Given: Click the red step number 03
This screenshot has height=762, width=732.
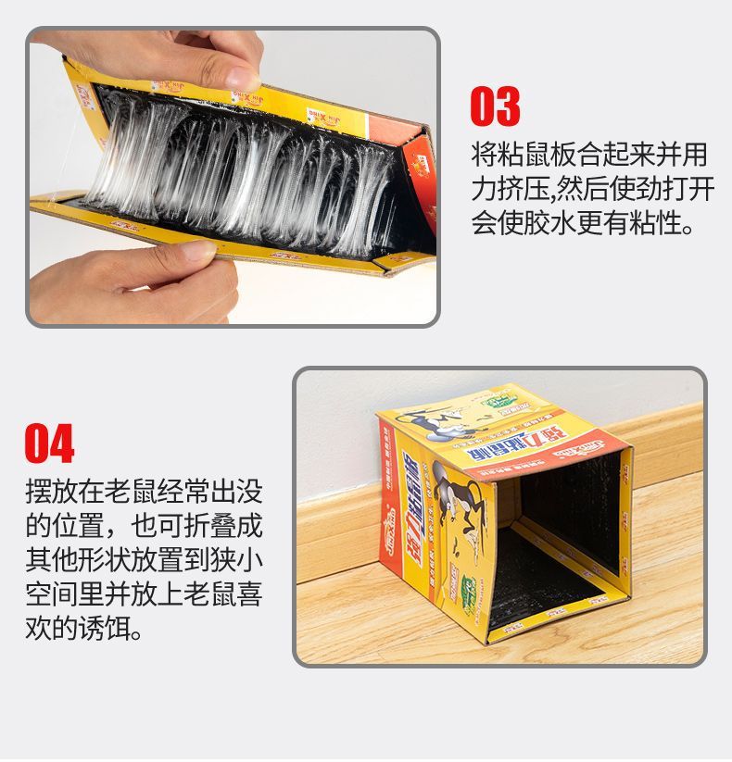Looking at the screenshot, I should click(x=495, y=107).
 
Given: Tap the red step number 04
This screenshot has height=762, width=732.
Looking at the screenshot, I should click(x=50, y=443).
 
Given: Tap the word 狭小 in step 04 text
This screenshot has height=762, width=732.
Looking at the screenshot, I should click(x=237, y=561).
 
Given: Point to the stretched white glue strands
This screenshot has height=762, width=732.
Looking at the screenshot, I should click(x=241, y=176).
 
